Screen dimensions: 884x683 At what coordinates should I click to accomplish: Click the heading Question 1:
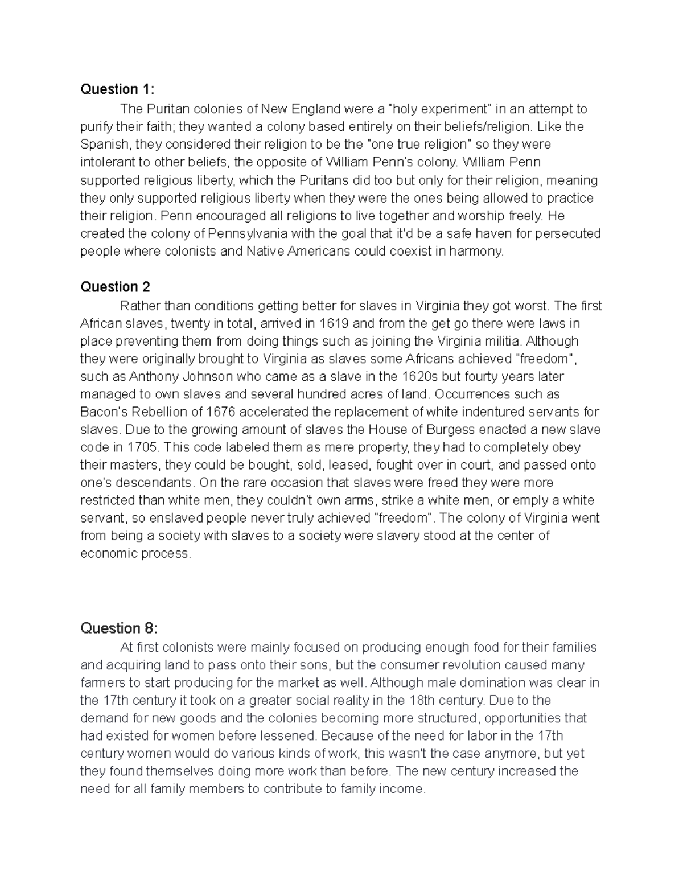click(117, 89)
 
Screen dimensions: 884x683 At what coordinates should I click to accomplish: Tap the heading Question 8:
click(118, 628)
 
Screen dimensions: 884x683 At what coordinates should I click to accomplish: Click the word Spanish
click(104, 145)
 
